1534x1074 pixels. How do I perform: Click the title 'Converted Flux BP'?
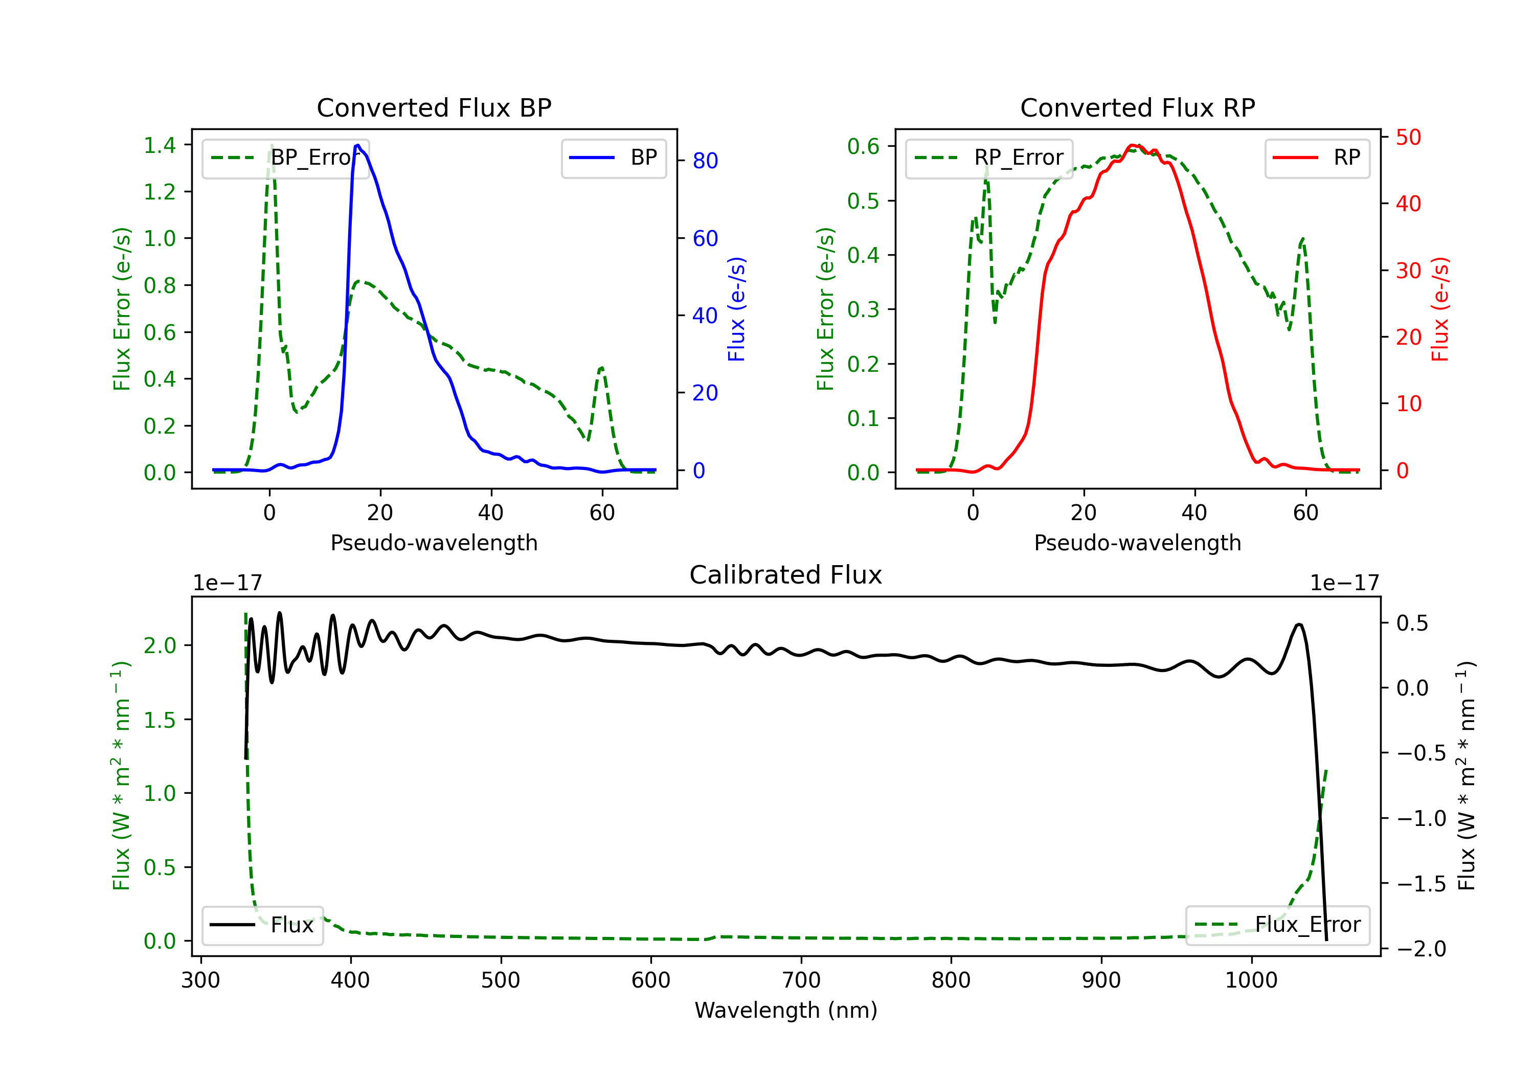tap(434, 107)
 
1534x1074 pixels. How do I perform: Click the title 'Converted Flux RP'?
tap(1137, 107)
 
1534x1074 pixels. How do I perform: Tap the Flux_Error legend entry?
tap(1277, 925)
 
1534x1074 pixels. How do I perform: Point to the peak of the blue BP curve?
tap(358, 145)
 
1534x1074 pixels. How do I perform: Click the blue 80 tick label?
tap(705, 161)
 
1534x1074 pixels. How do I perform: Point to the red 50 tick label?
tap(1408, 138)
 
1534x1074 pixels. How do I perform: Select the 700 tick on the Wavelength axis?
tap(801, 980)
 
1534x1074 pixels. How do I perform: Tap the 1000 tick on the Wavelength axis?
tap(1251, 980)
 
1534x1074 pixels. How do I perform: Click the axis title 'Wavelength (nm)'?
tap(786, 1011)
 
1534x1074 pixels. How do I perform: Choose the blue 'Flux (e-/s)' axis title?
tap(736, 309)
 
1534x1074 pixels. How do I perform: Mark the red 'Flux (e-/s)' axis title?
tap(1440, 309)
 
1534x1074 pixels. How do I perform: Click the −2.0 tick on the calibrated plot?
tap(1421, 949)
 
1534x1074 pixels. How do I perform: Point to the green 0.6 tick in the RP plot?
tap(863, 146)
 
